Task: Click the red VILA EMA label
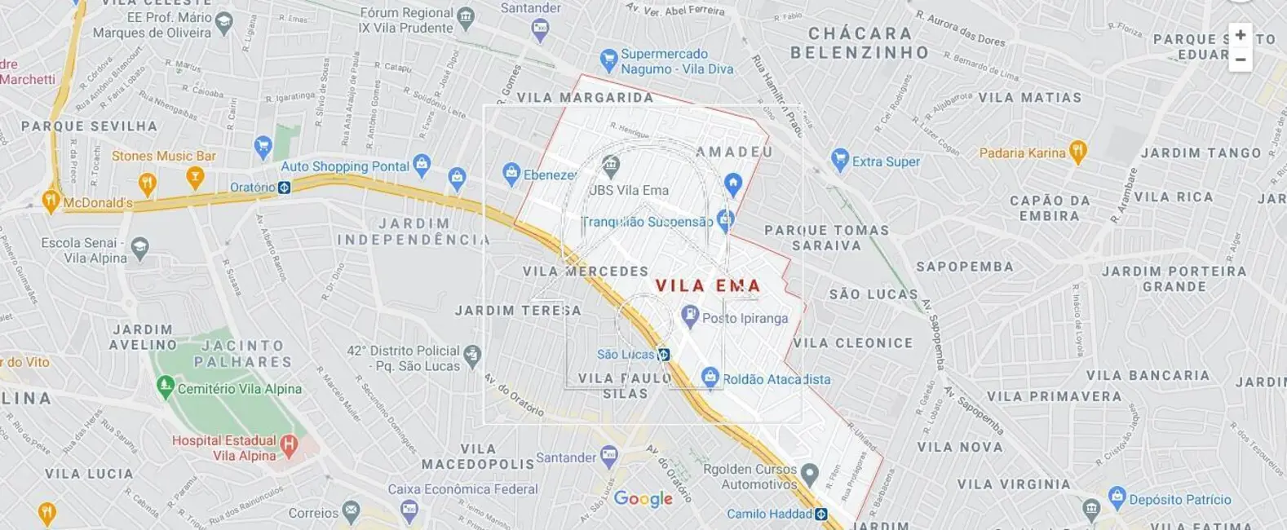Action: coord(708,286)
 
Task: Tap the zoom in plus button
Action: coord(1240,35)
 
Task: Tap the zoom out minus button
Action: coord(1240,60)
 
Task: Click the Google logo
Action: coord(643,499)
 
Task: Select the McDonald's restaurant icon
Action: coord(51,201)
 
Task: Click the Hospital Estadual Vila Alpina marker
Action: coord(288,444)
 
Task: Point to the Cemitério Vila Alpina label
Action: coord(239,389)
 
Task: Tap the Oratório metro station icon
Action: coord(284,188)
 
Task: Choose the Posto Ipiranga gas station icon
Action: coord(690,316)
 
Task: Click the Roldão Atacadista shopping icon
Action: coord(710,378)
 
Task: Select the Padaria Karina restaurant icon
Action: coord(1077,151)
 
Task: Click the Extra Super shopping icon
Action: coord(840,159)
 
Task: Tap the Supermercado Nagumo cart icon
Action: coord(608,59)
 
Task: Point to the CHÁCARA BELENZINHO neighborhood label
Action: coord(859,43)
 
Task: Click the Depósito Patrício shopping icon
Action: coord(1117,497)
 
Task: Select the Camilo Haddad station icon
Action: coord(821,514)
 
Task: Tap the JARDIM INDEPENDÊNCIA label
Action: coord(414,232)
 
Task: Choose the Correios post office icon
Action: coord(351,512)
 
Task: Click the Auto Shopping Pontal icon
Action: coord(421,165)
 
